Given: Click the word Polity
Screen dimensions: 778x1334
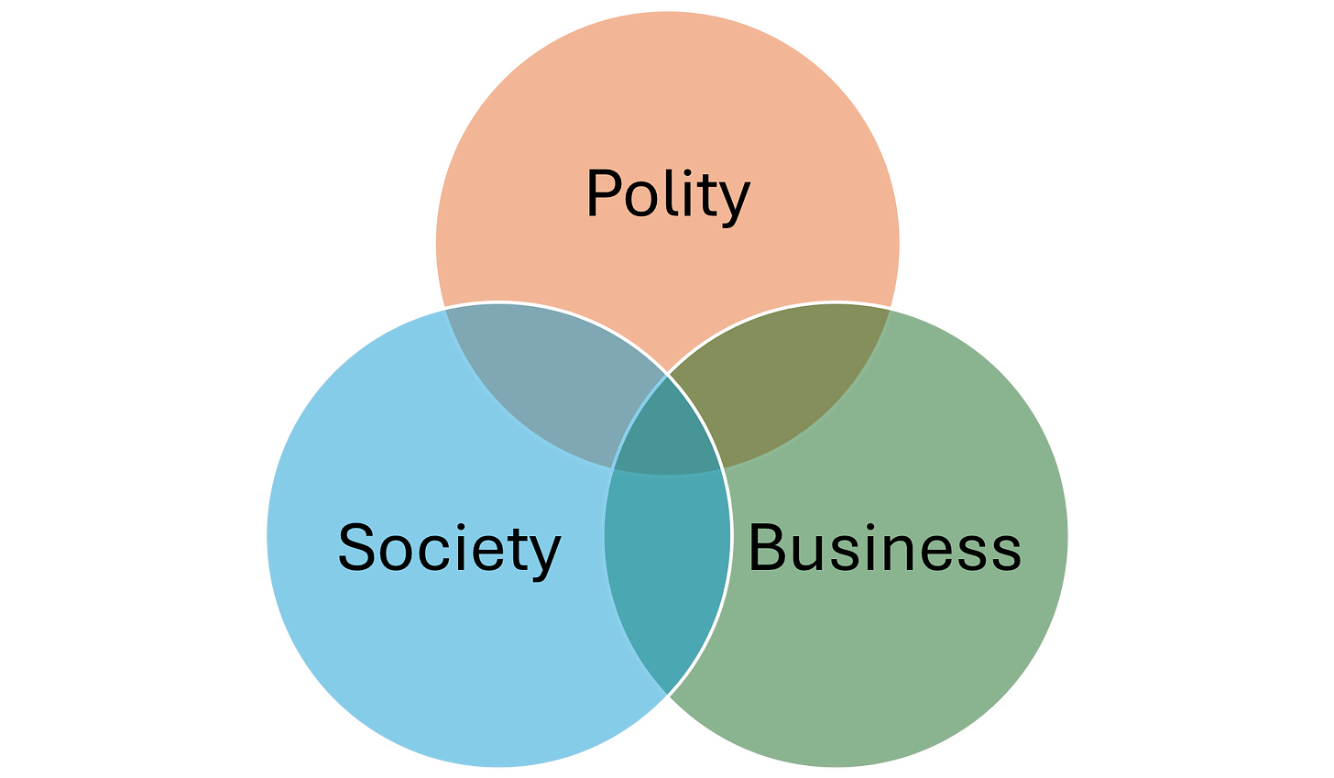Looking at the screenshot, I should [667, 194].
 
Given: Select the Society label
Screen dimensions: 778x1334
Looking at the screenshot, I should [449, 548].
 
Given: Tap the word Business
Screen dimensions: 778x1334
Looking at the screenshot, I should [884, 548].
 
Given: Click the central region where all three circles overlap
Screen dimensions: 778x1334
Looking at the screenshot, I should [667, 431].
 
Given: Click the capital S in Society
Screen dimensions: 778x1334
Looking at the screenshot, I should [357, 547].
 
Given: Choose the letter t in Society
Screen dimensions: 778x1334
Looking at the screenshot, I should [519, 550].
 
